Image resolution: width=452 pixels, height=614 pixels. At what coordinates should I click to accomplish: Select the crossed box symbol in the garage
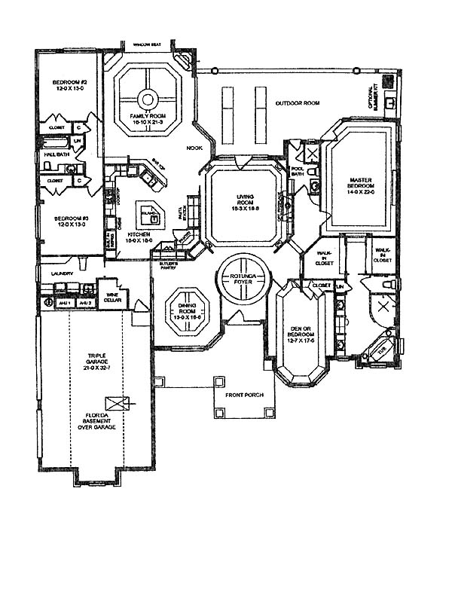(x=117, y=402)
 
